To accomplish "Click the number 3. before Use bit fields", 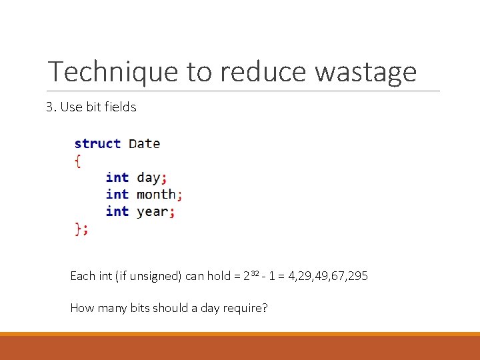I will pos(51,107).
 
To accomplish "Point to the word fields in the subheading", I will pos(121,107).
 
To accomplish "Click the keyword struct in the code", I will pos(97,143).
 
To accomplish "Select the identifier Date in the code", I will pos(144,143).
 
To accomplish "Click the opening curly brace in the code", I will pos(78,160).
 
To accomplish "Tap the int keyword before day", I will pos(117,177).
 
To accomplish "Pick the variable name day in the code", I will pos(148,178).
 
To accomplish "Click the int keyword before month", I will pos(117,195).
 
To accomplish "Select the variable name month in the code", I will pos(155,195).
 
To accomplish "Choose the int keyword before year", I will pos(117,211).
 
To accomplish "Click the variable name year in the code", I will pos(152,212).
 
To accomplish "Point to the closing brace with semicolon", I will pos(81,229).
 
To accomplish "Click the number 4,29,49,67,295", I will pos(327,276).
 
